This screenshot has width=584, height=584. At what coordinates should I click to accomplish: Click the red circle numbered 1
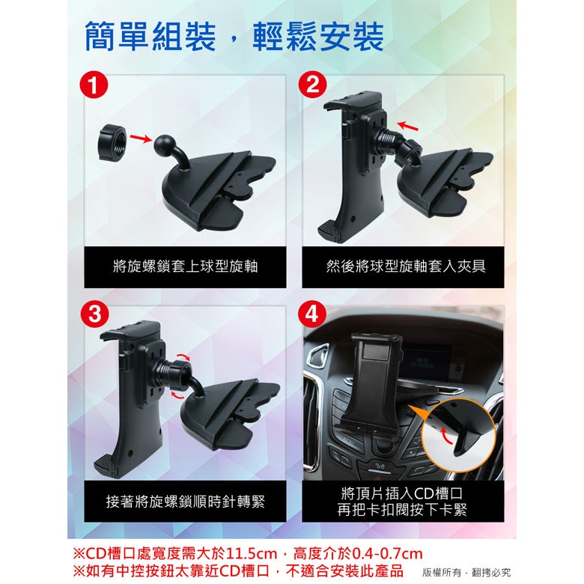coord(94,85)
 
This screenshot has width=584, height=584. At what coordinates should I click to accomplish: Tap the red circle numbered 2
coord(312,85)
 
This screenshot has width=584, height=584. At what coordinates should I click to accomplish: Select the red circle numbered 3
coord(94,314)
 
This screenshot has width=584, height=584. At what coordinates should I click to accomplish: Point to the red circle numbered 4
coord(312,314)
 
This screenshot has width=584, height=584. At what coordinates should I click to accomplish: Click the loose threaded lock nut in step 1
coord(112,143)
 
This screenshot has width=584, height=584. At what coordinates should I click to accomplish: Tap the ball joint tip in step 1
coord(164,145)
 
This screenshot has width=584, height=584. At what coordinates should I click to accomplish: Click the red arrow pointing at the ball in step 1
coord(141,139)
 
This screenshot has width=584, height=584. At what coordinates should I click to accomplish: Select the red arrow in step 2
coord(407,126)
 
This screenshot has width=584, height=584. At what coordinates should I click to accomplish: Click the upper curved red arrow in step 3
coord(183,357)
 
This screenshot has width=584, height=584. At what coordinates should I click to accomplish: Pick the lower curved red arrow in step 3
coord(177,395)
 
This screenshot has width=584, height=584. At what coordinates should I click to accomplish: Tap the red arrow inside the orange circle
coord(445,436)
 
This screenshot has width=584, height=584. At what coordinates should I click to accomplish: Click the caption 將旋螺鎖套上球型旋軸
coord(185,267)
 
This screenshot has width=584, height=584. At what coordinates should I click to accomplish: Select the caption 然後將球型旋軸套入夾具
coord(406,267)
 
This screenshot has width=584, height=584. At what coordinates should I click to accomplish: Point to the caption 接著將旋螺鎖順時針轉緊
coord(185,502)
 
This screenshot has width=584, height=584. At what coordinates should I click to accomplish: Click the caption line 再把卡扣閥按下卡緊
coord(402,510)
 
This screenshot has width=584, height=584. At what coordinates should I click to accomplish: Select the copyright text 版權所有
coord(442,572)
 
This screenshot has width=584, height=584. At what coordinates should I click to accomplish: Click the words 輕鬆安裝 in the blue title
coord(318,37)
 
